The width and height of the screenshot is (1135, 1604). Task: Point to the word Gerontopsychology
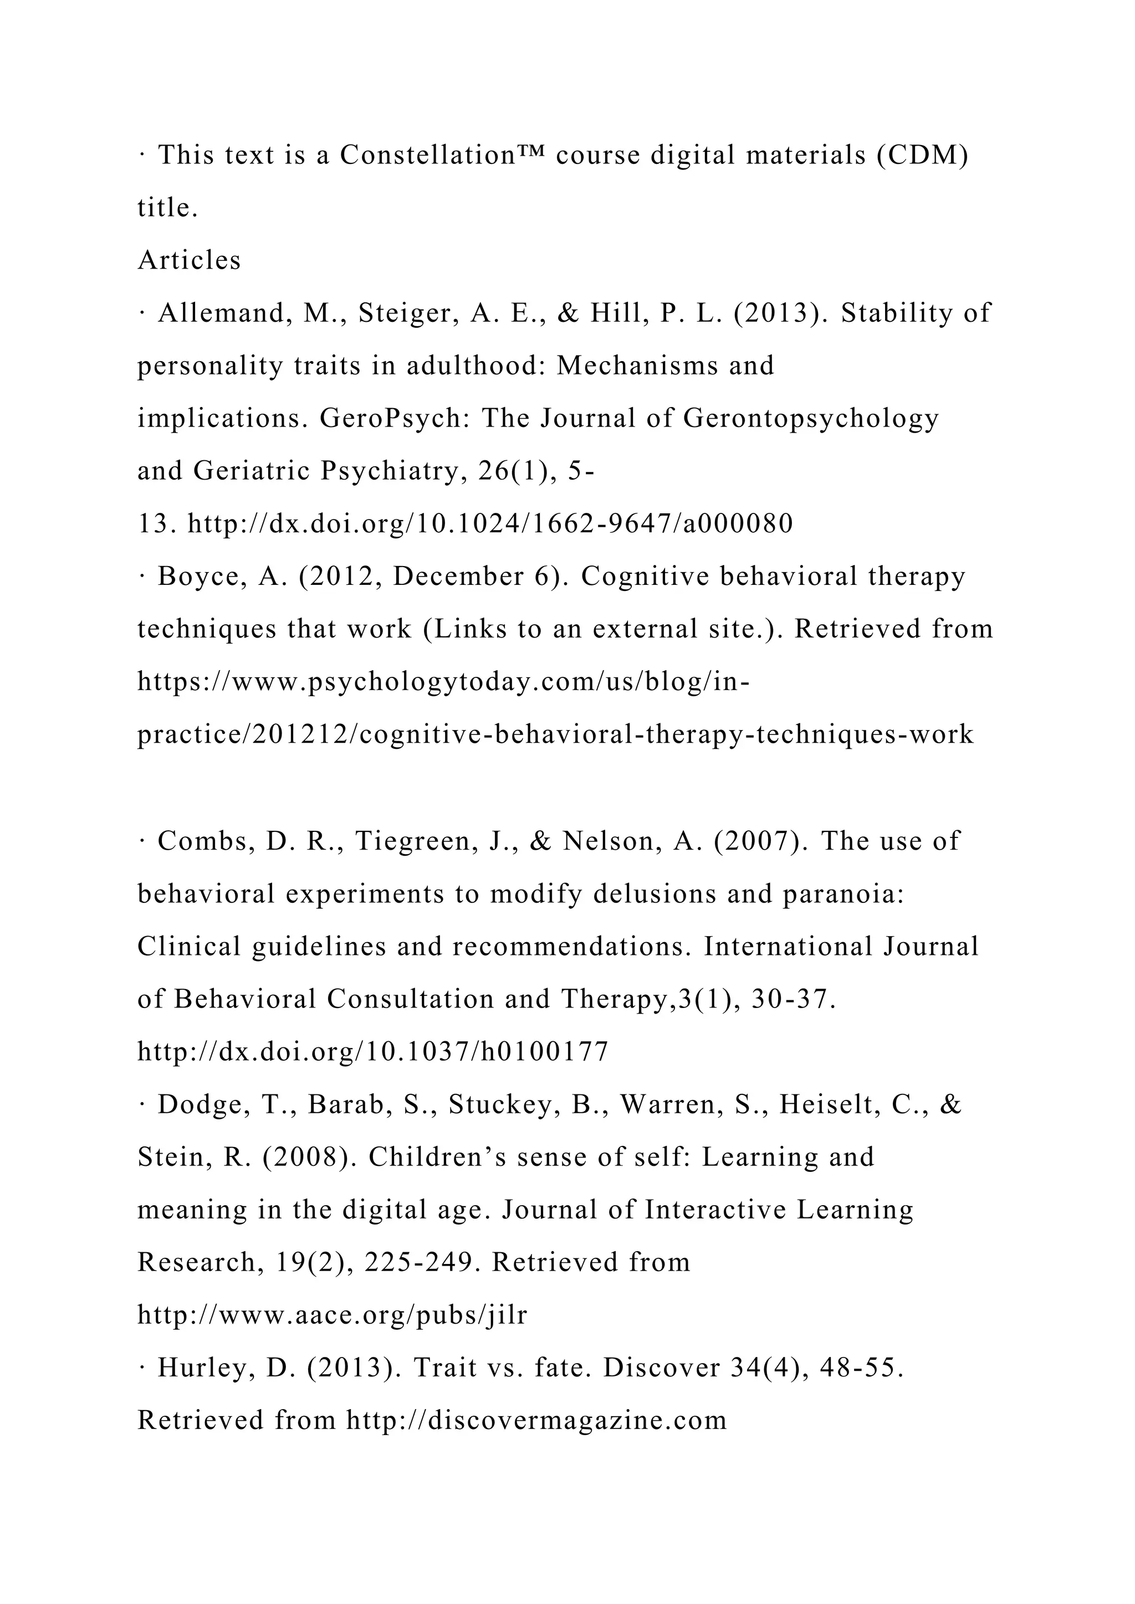(811, 419)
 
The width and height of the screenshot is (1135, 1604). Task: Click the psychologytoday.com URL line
(444, 682)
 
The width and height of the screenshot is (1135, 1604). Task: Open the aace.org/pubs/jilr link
(333, 1315)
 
